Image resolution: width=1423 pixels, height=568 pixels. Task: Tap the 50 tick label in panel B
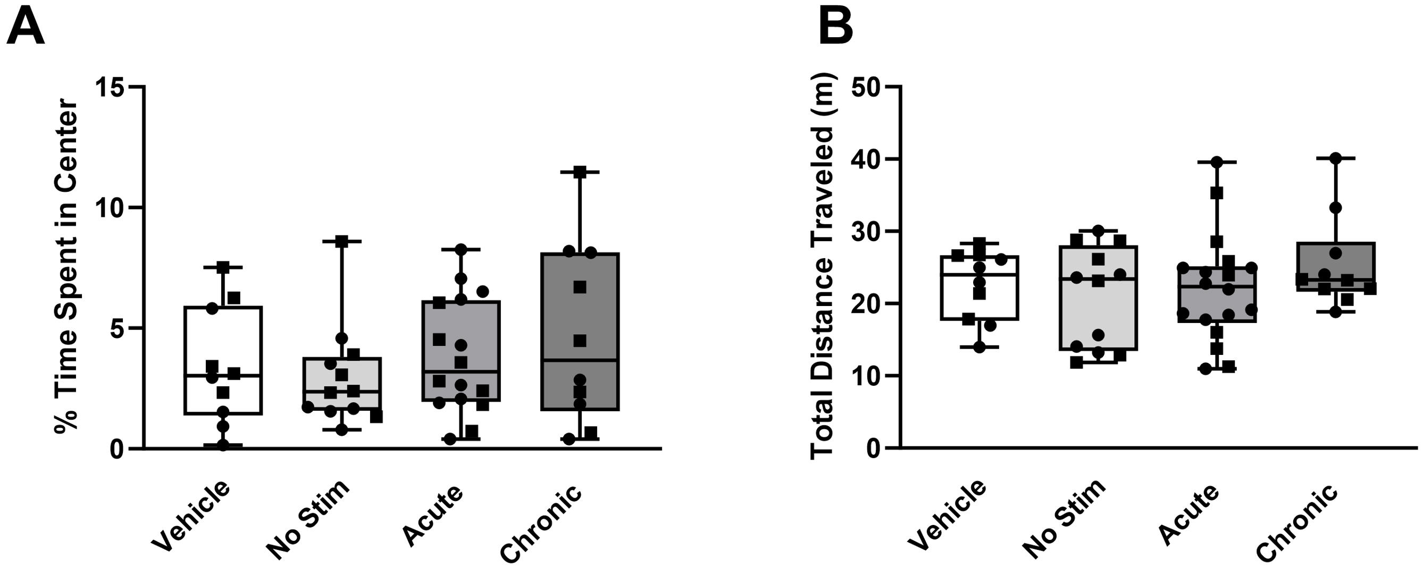tap(867, 87)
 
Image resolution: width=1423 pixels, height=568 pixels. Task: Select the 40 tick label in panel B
tap(867, 159)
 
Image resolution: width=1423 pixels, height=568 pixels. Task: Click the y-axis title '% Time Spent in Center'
tap(66, 267)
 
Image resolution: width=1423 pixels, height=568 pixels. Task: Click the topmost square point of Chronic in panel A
tap(580, 172)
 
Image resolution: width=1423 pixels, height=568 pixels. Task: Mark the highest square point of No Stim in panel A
tap(342, 241)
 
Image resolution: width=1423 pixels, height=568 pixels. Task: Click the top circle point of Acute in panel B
tap(1216, 162)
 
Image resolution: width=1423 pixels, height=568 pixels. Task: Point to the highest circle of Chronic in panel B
tap(1336, 158)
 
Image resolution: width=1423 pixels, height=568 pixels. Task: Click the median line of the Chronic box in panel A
tap(580, 360)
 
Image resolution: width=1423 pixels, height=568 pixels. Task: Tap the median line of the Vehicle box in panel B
tap(980, 274)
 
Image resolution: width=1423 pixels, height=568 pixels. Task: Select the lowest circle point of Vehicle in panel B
tap(980, 347)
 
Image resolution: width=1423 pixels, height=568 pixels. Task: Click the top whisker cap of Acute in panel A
tap(461, 250)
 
